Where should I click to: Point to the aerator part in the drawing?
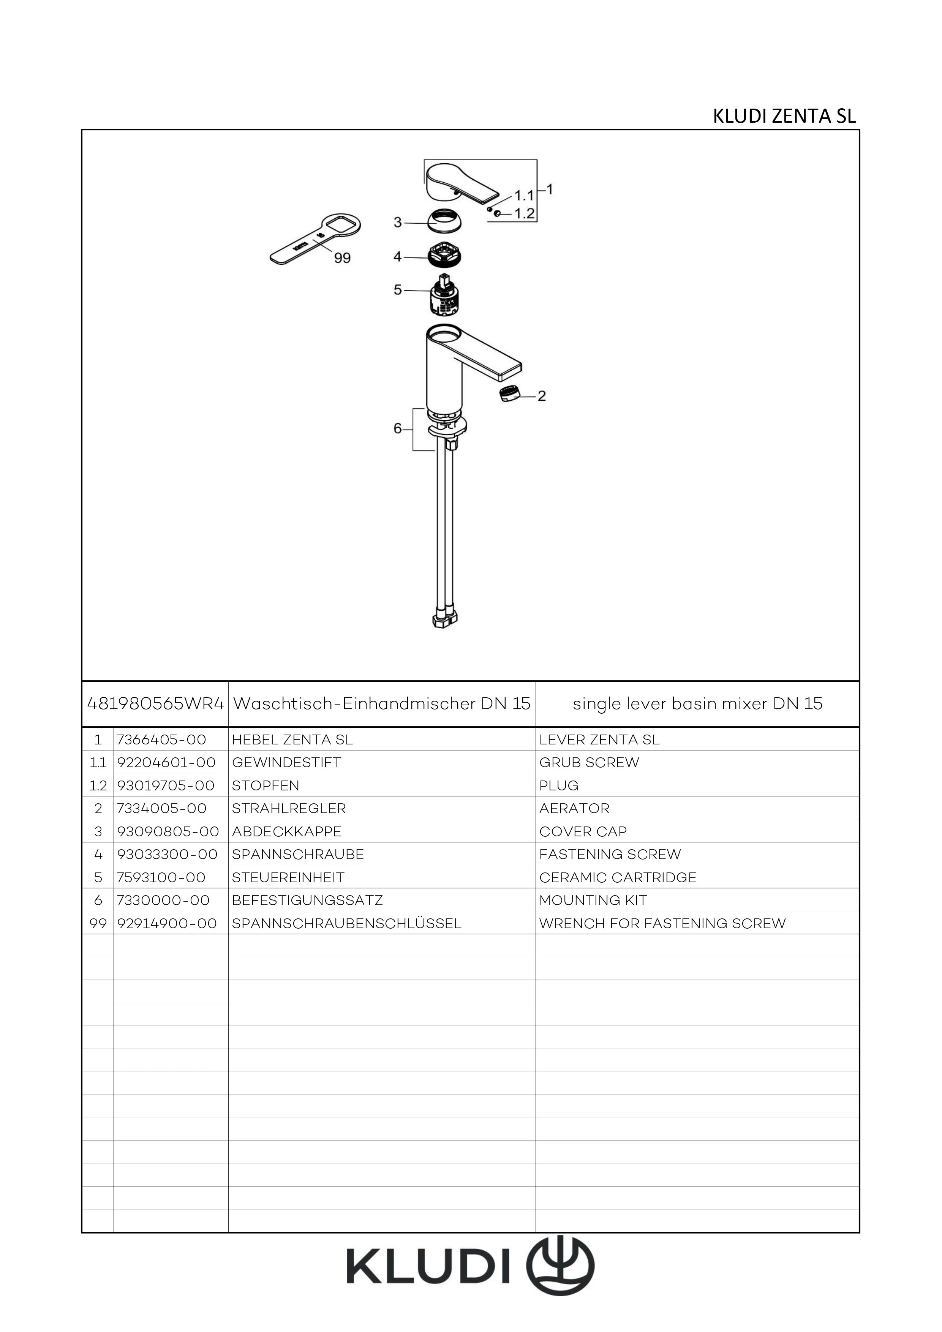509,394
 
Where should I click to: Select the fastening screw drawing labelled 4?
447,255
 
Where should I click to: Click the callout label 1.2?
524,213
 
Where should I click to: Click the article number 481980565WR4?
155,704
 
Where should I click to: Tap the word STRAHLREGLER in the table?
288,808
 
